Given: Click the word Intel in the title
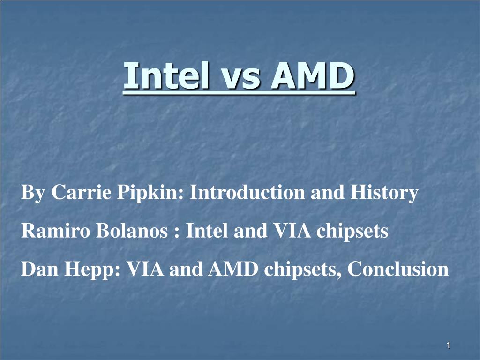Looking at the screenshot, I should (159, 76).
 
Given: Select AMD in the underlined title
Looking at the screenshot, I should (313, 76).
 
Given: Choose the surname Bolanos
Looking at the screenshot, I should (132, 231).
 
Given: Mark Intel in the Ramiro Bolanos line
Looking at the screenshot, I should (206, 231).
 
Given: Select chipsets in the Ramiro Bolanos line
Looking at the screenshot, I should (350, 231).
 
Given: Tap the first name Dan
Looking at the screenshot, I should (39, 270).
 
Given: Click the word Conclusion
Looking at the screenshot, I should (398, 270).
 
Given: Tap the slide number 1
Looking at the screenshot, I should (448, 345).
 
